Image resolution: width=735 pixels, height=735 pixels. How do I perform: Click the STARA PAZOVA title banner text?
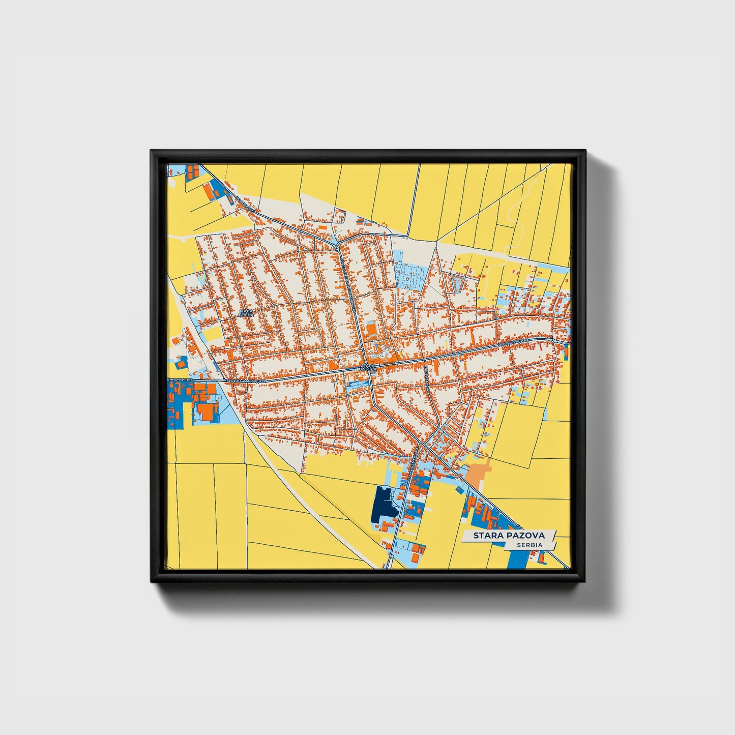509,535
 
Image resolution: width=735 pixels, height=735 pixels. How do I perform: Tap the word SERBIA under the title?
528,545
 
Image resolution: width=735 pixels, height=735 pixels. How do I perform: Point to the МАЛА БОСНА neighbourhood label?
246,312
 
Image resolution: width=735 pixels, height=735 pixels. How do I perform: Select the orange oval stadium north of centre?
371,331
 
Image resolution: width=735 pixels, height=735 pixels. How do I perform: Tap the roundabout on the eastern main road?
552,339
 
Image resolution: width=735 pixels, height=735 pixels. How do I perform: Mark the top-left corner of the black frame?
152,151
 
